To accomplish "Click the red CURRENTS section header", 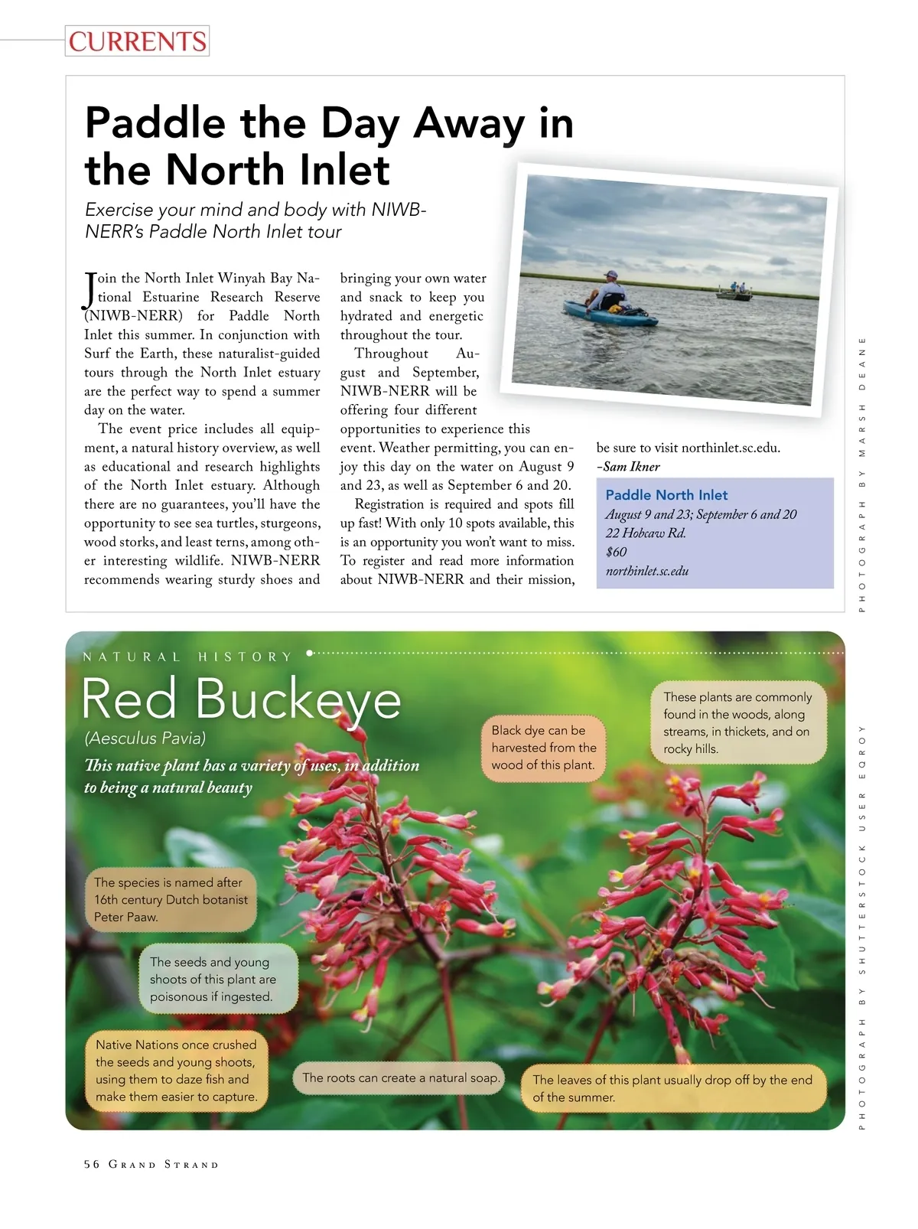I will pyautogui.click(x=137, y=41).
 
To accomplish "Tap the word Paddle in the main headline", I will pyautogui.click(x=155, y=123).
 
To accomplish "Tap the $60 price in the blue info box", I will pyautogui.click(x=616, y=552).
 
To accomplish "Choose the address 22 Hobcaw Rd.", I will pyautogui.click(x=645, y=533).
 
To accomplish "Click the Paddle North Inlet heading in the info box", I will pyautogui.click(x=666, y=495).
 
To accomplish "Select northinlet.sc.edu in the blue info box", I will pyautogui.click(x=646, y=571).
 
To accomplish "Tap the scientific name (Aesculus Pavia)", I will pyautogui.click(x=145, y=738).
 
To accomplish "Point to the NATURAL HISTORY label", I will pyautogui.click(x=187, y=657).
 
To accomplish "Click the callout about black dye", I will pyautogui.click(x=543, y=748).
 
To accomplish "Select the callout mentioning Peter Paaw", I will pyautogui.click(x=171, y=900).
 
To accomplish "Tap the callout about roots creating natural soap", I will pyautogui.click(x=400, y=1077).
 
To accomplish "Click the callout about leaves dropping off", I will pyautogui.click(x=672, y=1088).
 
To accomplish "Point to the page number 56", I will pyautogui.click(x=92, y=1165).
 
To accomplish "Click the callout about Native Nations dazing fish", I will pyautogui.click(x=176, y=1071).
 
